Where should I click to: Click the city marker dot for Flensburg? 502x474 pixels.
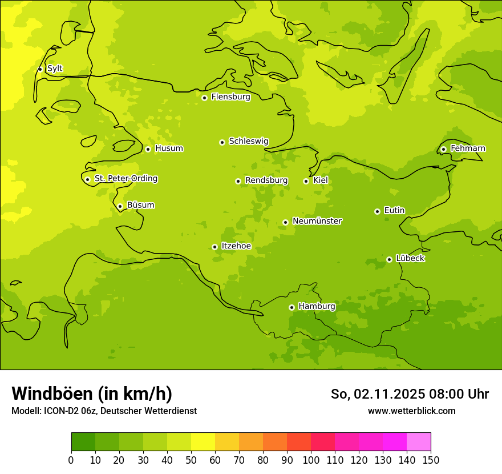(204, 98)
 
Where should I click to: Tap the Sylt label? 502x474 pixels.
(55, 69)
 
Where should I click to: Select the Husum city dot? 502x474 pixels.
(148, 149)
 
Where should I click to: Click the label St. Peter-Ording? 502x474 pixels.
(126, 179)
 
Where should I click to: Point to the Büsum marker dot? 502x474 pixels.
(120, 206)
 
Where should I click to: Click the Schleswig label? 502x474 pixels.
(248, 141)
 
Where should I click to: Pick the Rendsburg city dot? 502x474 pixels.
(238, 181)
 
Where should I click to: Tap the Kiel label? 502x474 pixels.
(321, 180)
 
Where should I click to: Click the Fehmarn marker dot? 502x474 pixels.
(443, 149)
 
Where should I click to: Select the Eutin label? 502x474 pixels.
(394, 211)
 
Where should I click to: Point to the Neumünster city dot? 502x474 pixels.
(285, 222)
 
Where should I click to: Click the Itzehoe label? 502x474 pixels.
(236, 246)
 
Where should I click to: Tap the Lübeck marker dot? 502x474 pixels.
(389, 259)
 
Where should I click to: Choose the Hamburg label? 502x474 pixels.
(317, 307)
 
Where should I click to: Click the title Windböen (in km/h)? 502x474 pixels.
(92, 393)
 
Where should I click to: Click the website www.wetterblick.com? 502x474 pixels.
(411, 411)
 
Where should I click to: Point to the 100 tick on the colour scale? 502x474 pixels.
(311, 460)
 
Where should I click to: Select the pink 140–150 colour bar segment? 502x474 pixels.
(419, 442)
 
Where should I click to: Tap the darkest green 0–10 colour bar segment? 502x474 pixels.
(83, 442)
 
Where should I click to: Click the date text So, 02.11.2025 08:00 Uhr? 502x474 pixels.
(410, 394)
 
